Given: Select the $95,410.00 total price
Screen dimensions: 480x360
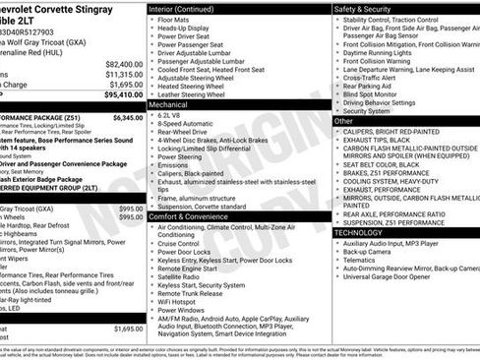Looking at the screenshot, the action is pyautogui.click(x=123, y=95).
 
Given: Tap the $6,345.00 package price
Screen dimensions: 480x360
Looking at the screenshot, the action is pyautogui.click(x=128, y=117).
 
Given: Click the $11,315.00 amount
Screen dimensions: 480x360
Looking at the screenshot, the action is pyautogui.click(x=123, y=73).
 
